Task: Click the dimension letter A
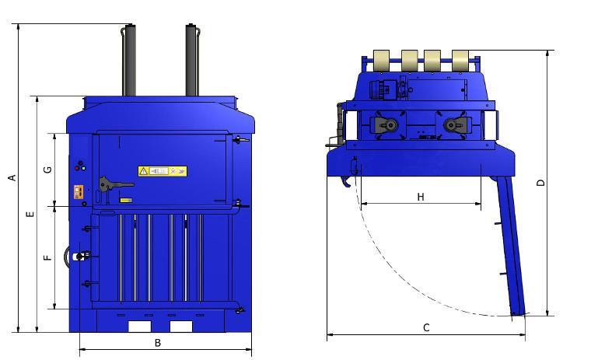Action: pos(12,178)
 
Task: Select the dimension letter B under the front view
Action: pos(157,342)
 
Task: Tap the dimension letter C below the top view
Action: pos(426,327)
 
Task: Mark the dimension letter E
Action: pos(30,214)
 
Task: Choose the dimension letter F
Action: pos(48,257)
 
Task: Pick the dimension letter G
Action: pos(48,170)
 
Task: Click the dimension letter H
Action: pos(420,197)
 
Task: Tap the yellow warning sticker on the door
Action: pos(163,171)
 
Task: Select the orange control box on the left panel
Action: pos(78,191)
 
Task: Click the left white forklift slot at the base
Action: pos(139,325)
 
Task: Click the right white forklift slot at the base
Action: pos(180,325)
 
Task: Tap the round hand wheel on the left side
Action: pos(78,256)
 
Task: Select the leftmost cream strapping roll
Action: pos(382,60)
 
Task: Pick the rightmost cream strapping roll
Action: pos(460,60)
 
